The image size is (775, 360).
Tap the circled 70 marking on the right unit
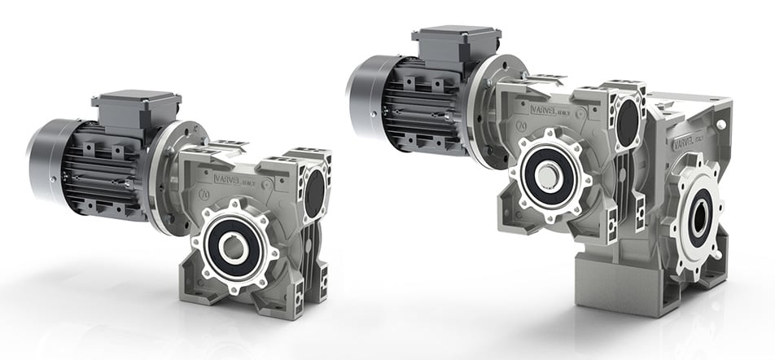coord(519,125)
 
